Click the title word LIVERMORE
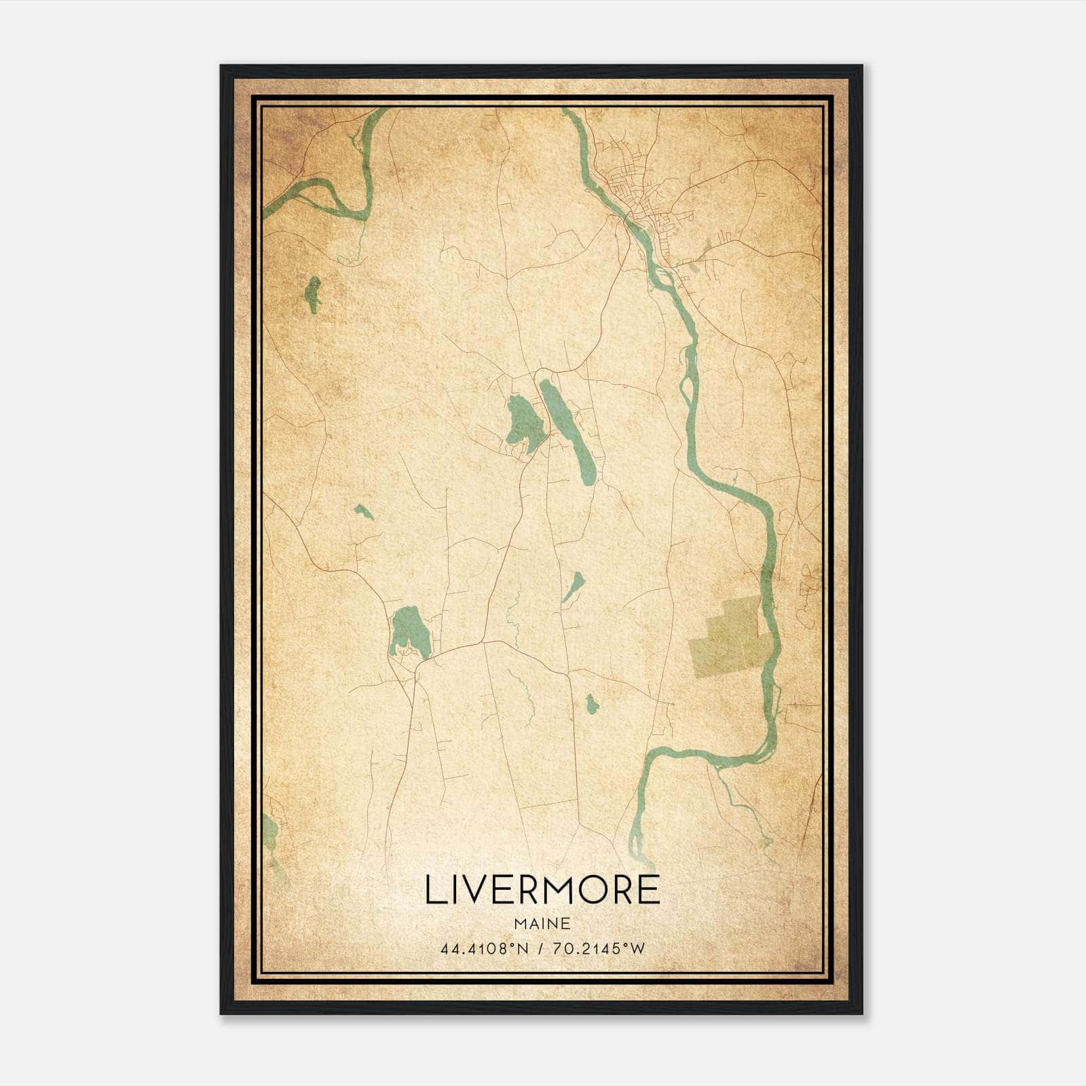click(542, 889)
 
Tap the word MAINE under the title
click(542, 924)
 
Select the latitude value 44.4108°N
click(484, 949)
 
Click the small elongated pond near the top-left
click(313, 294)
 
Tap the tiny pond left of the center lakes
click(362, 511)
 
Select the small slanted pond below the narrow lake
click(574, 586)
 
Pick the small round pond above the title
click(591, 705)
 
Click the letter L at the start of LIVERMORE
click(435, 889)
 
